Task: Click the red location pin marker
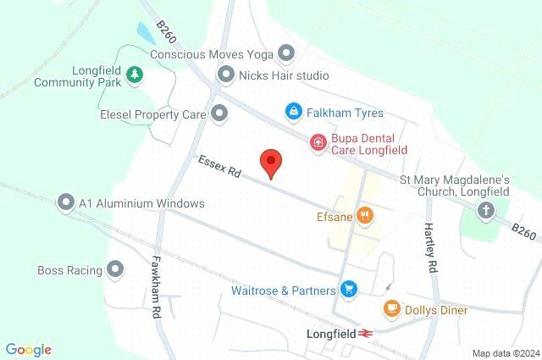[x=270, y=162]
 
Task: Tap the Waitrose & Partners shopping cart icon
[x=348, y=290]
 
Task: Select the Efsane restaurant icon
[x=364, y=216]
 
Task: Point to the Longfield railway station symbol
[x=366, y=334]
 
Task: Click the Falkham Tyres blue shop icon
[x=293, y=112]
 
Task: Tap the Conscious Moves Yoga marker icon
[x=286, y=54]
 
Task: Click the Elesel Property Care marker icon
[x=219, y=112]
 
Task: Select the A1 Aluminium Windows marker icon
[x=65, y=203]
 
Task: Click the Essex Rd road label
[x=220, y=166]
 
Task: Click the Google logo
[x=28, y=349]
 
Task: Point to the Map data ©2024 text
[x=505, y=353]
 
